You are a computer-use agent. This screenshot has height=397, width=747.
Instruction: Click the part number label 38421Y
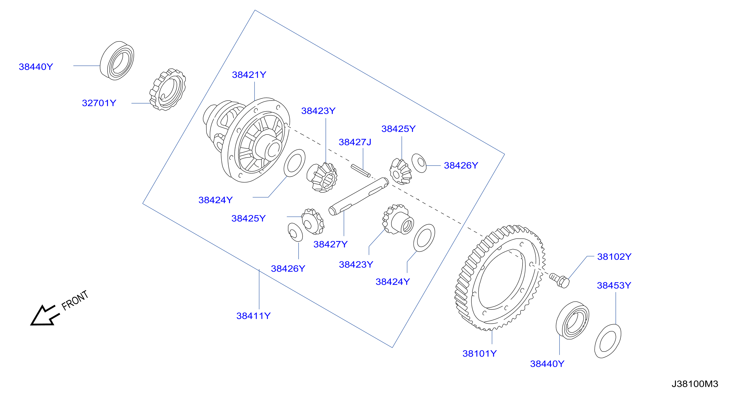(x=249, y=75)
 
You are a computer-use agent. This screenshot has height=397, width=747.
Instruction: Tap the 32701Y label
(x=99, y=103)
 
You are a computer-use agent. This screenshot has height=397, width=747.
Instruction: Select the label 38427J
(x=355, y=142)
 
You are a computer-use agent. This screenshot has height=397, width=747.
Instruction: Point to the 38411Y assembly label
(x=253, y=316)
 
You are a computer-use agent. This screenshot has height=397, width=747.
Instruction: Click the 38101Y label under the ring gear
(x=479, y=353)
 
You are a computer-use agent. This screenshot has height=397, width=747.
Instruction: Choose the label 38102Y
(x=614, y=257)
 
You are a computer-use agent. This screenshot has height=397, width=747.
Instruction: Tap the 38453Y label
(x=614, y=285)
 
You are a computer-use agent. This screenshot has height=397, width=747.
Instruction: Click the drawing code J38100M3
(x=695, y=384)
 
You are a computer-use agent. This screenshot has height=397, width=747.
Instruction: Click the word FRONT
(x=75, y=300)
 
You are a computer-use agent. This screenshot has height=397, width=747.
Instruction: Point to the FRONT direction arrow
(x=45, y=315)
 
